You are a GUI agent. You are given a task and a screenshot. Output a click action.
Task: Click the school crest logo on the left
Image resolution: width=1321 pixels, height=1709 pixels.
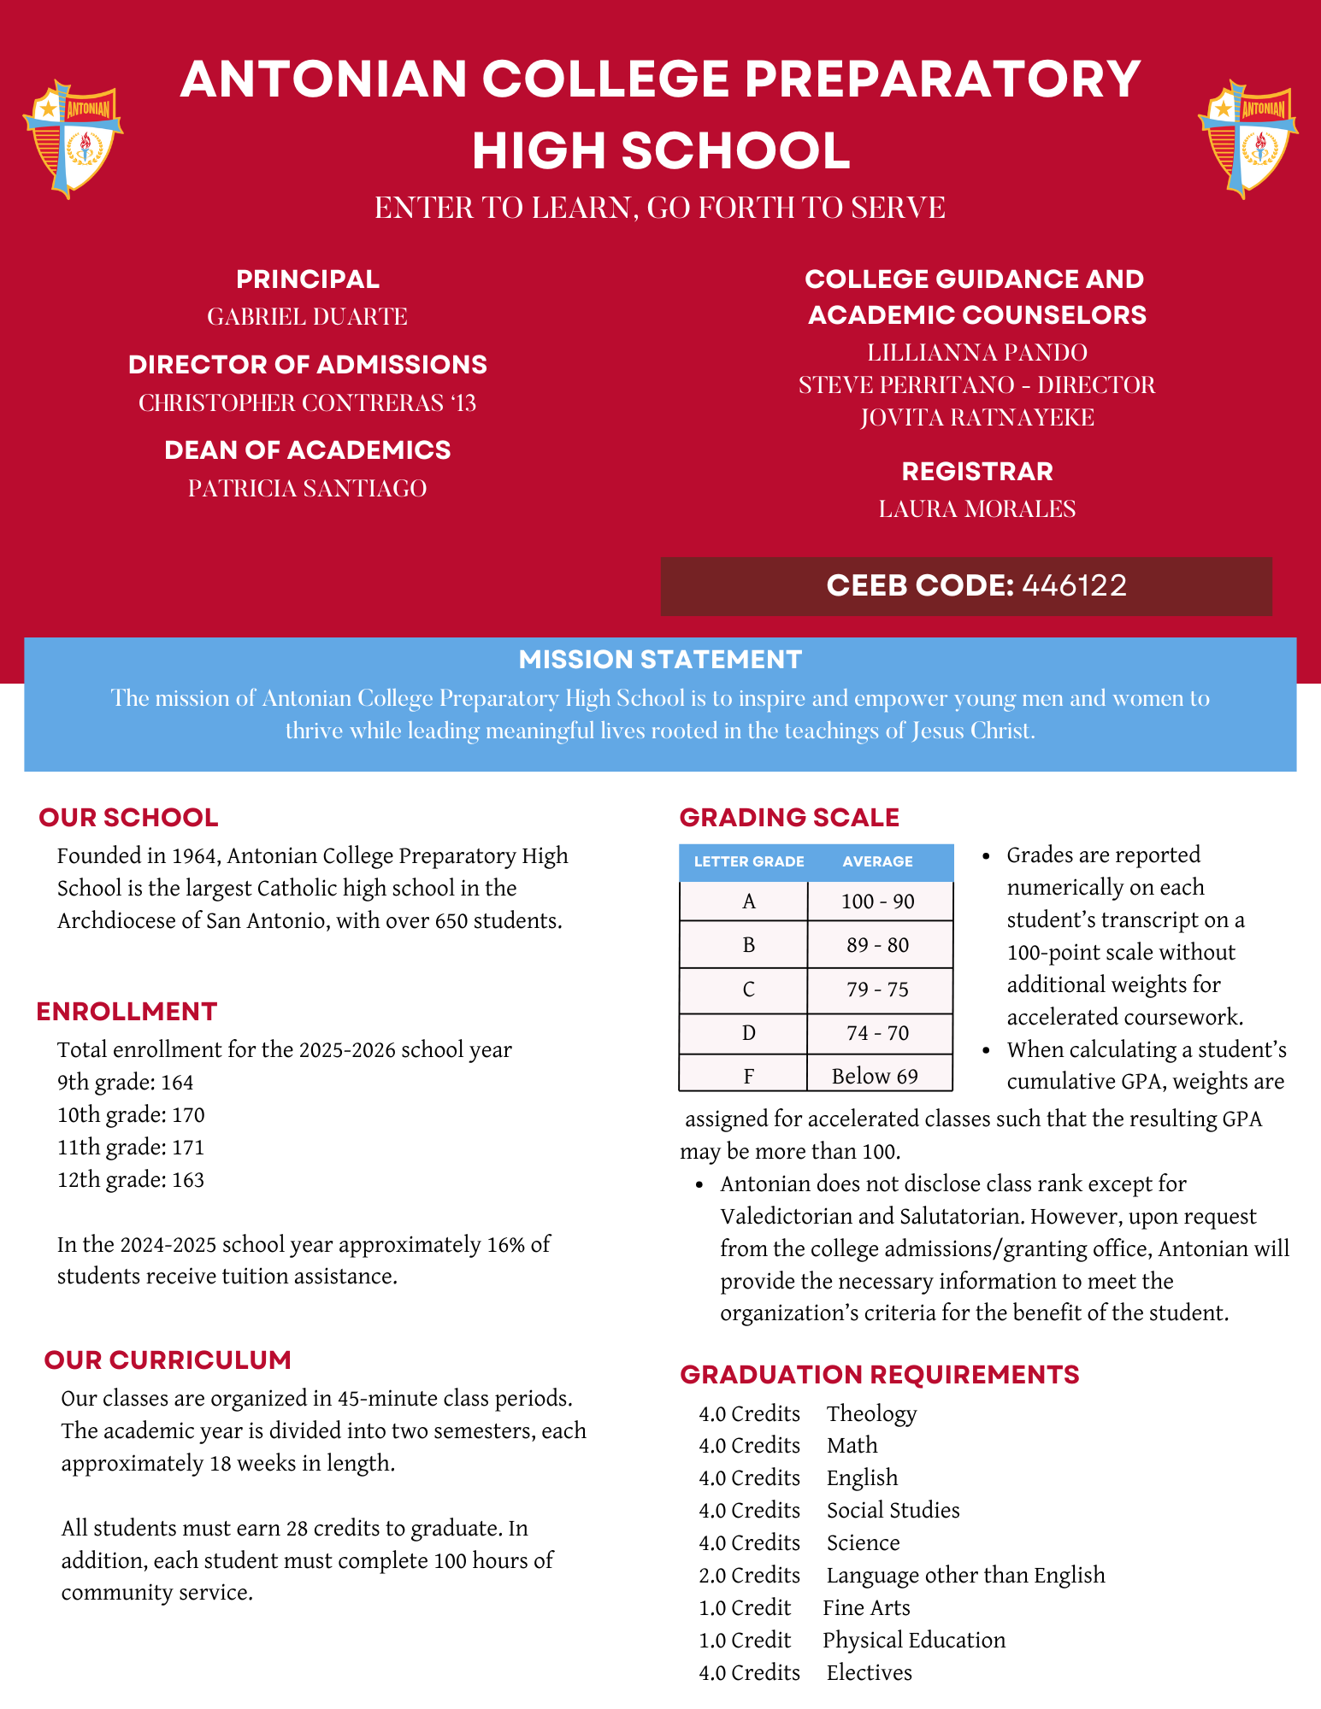pos(73,139)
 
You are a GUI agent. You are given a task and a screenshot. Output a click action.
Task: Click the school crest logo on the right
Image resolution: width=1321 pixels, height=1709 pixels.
pos(1247,139)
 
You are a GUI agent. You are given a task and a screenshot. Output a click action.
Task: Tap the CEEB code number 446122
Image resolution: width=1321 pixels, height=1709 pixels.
pos(1074,585)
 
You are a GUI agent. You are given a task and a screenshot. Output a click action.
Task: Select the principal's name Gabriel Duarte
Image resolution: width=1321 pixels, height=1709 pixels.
pos(307,317)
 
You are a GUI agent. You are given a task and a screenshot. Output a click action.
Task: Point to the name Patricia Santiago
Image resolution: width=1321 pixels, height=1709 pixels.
pos(307,488)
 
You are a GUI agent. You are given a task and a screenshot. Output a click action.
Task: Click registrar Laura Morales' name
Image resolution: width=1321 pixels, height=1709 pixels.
pos(976,508)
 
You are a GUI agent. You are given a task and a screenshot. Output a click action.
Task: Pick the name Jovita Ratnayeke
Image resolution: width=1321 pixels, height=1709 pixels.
pos(976,417)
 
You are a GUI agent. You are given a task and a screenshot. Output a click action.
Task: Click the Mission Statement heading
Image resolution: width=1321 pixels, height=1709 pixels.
pos(660,660)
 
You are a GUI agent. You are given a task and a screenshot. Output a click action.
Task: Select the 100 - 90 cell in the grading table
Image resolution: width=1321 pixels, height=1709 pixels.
pos(877,901)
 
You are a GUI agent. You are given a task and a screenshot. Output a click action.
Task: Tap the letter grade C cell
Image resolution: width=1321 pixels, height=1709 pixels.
pos(748,990)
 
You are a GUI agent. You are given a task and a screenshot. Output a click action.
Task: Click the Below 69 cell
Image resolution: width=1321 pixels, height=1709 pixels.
pos(875,1076)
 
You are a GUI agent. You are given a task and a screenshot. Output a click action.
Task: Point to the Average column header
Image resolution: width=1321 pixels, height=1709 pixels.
pos(877,861)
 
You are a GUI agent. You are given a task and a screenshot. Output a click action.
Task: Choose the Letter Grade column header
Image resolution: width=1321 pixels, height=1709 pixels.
pos(748,861)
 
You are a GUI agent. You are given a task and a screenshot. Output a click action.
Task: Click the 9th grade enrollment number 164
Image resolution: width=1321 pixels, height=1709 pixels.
pos(177,1083)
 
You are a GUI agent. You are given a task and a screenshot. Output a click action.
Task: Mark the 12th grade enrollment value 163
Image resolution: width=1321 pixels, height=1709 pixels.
pos(188,1180)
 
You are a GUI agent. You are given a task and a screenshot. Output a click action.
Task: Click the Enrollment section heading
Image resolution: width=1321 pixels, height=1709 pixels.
pos(127,1012)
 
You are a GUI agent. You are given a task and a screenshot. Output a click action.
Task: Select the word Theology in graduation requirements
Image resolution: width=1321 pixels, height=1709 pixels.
pos(871,1413)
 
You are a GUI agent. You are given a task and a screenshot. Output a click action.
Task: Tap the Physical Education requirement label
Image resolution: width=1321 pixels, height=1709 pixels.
pos(913,1640)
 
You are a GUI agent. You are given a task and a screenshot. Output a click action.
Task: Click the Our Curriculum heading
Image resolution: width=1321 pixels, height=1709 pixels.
pos(168,1360)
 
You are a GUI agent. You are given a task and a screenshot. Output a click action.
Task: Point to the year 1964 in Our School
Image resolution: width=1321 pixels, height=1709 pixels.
pos(196,856)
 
